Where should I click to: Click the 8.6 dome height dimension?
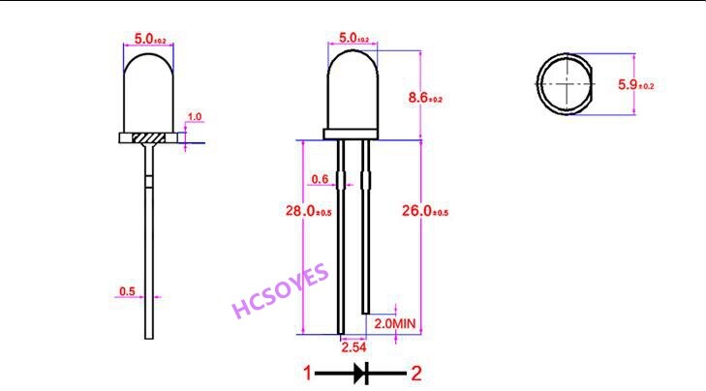click(x=425, y=98)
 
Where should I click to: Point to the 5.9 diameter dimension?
click(x=636, y=85)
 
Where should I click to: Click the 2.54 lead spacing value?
click(x=353, y=345)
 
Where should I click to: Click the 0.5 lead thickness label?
click(x=127, y=290)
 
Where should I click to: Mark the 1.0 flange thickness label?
click(x=194, y=117)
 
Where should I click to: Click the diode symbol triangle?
click(x=360, y=372)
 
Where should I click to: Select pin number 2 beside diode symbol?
click(x=416, y=372)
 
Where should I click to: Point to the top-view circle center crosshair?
click(x=566, y=85)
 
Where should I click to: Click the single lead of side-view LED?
click(x=149, y=252)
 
